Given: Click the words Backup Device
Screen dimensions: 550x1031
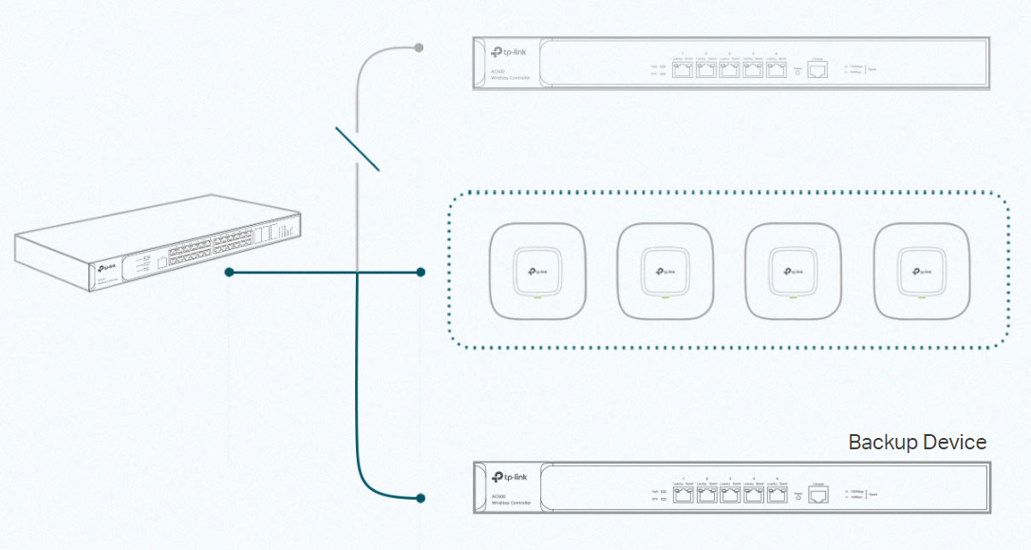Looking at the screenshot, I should point(916,443).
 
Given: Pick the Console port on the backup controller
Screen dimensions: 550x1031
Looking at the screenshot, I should point(818,494).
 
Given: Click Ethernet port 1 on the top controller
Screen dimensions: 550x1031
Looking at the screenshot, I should point(682,70).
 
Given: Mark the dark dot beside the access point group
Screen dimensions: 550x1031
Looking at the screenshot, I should point(421,273).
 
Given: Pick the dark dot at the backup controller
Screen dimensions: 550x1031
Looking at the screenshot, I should point(421,498).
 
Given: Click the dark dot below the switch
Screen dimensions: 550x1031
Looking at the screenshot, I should point(230,273).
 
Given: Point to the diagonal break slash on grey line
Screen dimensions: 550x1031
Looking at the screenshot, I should point(358,148).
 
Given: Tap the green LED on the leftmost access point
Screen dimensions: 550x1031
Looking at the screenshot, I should point(536,298).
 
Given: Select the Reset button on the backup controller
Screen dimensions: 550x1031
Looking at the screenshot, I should point(797,495).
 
